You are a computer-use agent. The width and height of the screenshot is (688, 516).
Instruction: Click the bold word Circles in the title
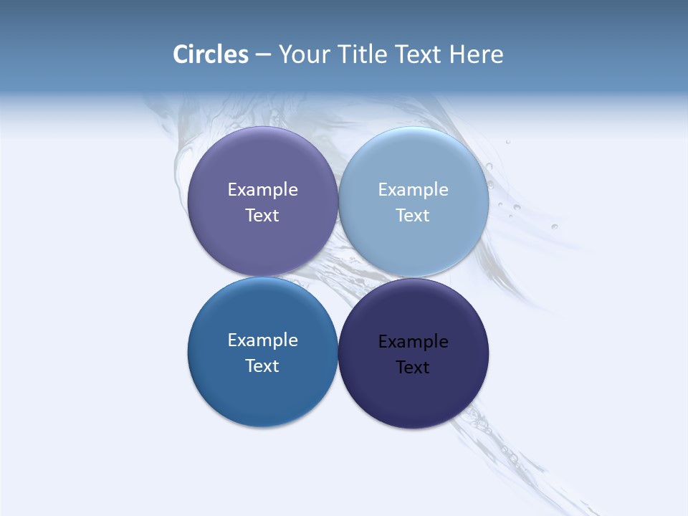pyautogui.click(x=211, y=54)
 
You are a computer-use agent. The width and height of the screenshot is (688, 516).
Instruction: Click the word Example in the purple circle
pyautogui.click(x=262, y=190)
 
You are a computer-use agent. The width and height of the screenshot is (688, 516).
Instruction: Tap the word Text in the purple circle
pyautogui.click(x=262, y=216)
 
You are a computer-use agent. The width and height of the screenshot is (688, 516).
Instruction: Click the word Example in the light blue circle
pyautogui.click(x=413, y=190)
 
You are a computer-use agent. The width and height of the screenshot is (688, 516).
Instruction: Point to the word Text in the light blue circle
pyautogui.click(x=413, y=216)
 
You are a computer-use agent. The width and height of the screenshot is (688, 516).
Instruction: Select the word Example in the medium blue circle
pyautogui.click(x=262, y=340)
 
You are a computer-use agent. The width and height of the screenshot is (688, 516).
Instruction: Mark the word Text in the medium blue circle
pyautogui.click(x=262, y=366)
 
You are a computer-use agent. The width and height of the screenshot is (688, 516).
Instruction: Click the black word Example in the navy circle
pyautogui.click(x=413, y=342)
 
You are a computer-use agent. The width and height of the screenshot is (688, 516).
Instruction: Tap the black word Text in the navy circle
pyautogui.click(x=413, y=368)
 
